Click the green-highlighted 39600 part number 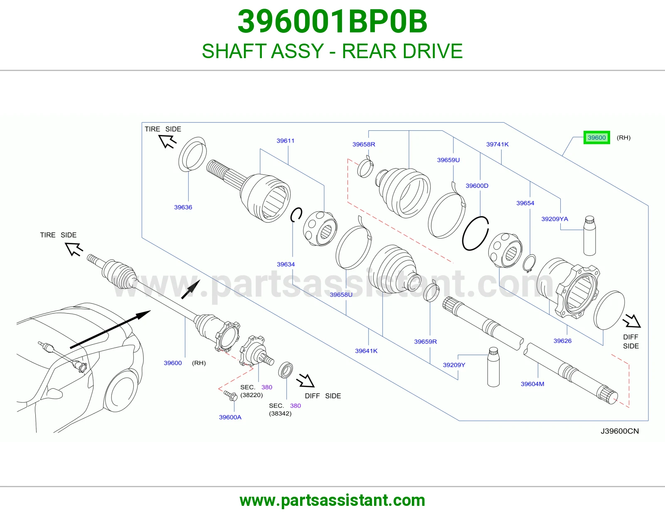click(x=596, y=137)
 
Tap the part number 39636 click(x=183, y=207)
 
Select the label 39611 click(x=285, y=141)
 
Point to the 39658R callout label click(x=364, y=145)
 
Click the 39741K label click(x=498, y=145)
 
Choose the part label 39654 click(x=525, y=203)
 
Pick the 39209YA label click(x=554, y=219)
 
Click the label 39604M click(x=532, y=384)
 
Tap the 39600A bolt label click(x=230, y=417)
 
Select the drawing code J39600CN click(x=620, y=431)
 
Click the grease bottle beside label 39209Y click(x=493, y=367)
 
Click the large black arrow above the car click(x=110, y=329)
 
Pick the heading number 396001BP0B click(x=332, y=22)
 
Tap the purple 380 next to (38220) click(x=266, y=387)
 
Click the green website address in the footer click(x=332, y=500)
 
